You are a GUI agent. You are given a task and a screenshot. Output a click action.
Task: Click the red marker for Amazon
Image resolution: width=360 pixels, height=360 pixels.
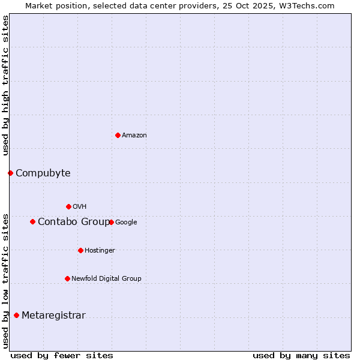pos(118,135)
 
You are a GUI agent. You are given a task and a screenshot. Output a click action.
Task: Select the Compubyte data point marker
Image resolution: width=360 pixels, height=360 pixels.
pos(10,173)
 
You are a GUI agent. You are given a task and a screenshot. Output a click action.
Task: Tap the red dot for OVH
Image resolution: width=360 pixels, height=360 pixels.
pos(68,206)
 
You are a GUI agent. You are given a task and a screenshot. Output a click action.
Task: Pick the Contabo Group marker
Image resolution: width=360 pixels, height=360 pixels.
pos(32,221)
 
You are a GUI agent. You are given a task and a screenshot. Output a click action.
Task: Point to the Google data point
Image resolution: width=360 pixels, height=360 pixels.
pos(112,222)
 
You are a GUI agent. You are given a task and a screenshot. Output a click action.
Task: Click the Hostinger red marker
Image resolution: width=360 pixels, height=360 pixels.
pos(80,250)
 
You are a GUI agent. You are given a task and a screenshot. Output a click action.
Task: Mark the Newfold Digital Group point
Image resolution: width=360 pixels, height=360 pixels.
pos(67,278)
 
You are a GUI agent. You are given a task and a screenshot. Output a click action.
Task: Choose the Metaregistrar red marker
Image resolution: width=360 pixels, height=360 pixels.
pos(16,315)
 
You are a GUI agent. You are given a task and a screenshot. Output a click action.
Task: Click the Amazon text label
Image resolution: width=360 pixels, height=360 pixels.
pos(134,136)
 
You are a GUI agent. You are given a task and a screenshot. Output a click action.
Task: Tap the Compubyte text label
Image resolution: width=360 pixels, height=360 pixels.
pos(43,173)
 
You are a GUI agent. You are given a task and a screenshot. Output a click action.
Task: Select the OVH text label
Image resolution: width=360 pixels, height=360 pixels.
pos(79,207)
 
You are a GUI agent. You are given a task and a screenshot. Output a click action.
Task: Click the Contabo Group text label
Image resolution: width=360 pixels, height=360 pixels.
pos(73,222)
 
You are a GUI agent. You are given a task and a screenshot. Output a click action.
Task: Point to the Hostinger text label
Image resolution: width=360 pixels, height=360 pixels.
pos(100,251)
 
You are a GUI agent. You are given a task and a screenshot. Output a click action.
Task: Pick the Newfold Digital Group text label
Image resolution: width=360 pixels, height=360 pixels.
pos(106,279)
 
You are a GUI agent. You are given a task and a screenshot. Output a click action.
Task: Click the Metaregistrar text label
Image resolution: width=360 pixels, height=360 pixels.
pos(53,316)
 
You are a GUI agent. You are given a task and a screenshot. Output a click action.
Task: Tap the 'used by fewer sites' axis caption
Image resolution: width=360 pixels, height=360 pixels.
pos(62,355)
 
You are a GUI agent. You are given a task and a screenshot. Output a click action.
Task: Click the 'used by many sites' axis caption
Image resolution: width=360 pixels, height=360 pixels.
pos(301,355)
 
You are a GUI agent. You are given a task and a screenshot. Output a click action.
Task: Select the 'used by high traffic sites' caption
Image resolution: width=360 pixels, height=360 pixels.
pos(5,86)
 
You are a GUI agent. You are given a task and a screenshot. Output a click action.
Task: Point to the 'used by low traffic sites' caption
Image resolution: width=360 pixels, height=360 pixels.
pos(5,281)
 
